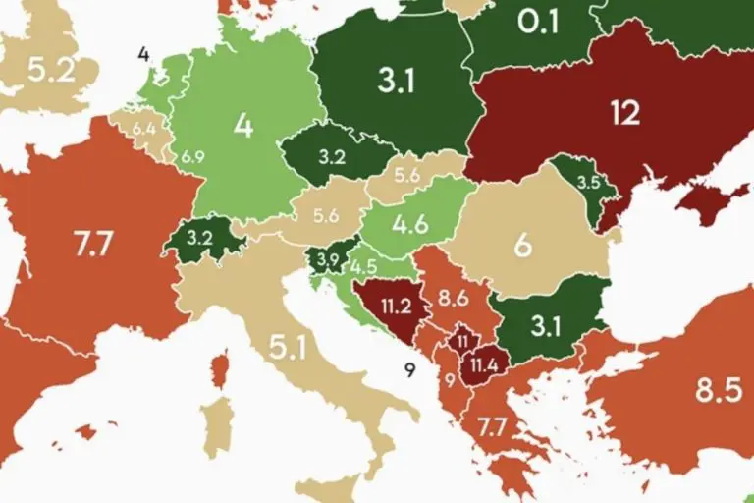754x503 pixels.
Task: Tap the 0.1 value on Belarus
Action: point(537,21)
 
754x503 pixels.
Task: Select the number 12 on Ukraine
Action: point(624,112)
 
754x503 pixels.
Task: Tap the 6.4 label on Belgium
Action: point(144,128)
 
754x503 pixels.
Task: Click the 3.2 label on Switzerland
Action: point(199,238)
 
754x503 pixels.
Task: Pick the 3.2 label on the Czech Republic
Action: point(331,155)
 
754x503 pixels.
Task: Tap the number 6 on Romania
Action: point(522,244)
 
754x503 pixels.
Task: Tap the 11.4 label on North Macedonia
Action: point(484,365)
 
